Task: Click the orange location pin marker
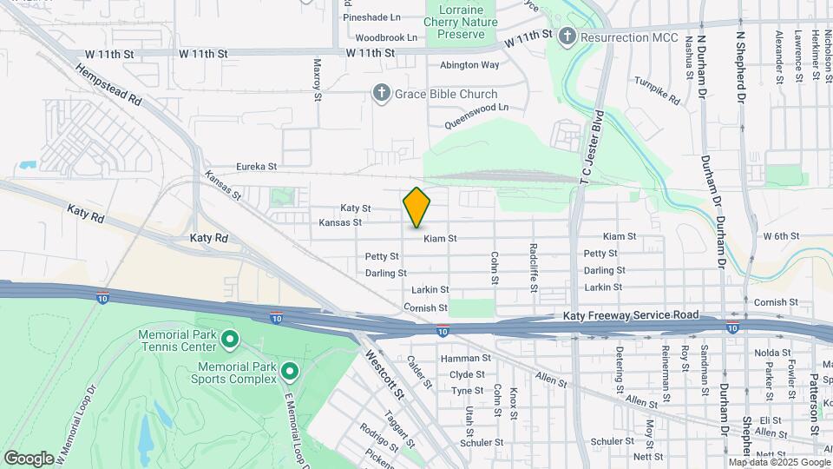point(416,207)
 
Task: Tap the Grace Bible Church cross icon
point(380,93)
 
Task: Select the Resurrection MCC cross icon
point(567,36)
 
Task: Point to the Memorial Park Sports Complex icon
point(290,373)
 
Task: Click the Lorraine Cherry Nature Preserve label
point(461,22)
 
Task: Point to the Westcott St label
point(384,374)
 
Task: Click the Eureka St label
point(257,166)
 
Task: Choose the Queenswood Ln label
point(476,116)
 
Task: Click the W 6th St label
point(780,236)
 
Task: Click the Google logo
point(29,458)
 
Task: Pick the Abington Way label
point(469,64)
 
